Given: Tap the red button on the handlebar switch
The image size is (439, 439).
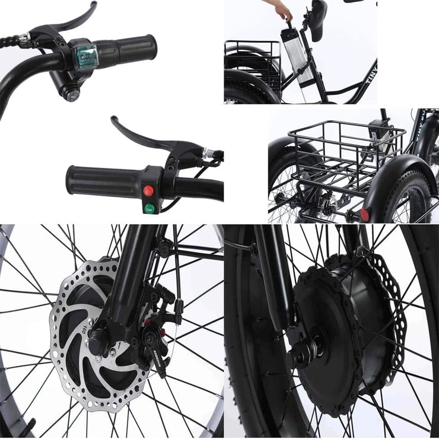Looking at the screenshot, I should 148,191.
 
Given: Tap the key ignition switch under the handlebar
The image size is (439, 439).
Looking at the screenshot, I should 72,93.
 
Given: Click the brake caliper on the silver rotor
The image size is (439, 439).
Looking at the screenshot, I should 151,335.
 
